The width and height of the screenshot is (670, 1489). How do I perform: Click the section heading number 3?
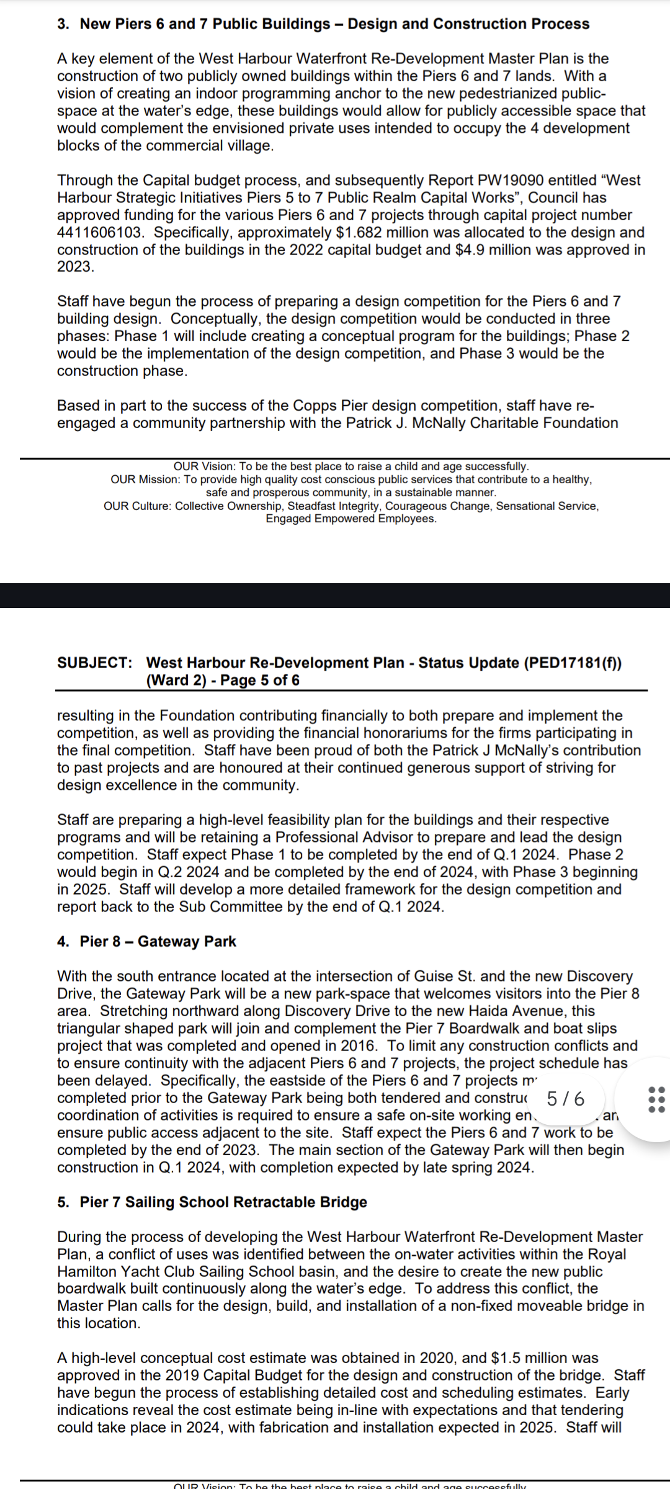(x=63, y=24)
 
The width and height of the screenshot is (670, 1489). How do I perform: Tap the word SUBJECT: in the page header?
(x=94, y=663)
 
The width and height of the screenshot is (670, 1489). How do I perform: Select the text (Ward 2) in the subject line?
(x=176, y=680)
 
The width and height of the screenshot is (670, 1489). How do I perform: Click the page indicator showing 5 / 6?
(x=565, y=1099)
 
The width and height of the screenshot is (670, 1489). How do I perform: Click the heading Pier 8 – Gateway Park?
(x=158, y=942)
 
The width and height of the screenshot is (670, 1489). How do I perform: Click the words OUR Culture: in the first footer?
(x=136, y=506)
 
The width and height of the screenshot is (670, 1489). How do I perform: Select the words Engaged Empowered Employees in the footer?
(x=351, y=519)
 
